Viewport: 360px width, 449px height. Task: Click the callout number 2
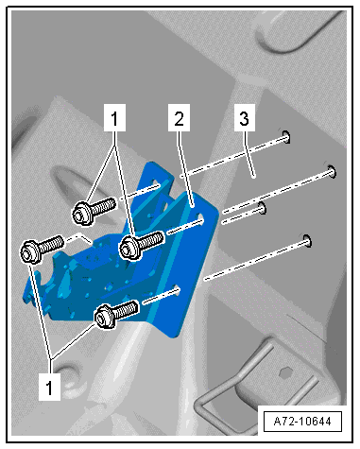point(179,117)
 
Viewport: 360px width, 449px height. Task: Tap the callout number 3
point(245,117)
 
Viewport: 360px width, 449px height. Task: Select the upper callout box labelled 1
point(114,117)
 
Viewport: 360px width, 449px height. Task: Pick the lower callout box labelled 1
point(49,387)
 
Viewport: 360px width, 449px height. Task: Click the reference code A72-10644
point(302,422)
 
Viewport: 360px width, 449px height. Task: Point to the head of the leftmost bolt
point(30,251)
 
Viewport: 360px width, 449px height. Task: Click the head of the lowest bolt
point(105,318)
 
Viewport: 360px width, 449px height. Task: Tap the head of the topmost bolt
point(82,214)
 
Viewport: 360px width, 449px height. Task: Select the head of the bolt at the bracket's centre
point(129,249)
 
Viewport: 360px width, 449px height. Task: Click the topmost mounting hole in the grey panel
point(286,136)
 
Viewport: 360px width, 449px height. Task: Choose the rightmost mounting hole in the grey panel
point(332,171)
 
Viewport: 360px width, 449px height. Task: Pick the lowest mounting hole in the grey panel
point(307,241)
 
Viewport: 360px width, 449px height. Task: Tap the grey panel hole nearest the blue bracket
point(262,207)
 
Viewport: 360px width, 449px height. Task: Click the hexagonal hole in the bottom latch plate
point(285,372)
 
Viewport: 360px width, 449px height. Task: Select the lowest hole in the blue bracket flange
point(178,289)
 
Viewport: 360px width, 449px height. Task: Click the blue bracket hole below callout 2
point(200,218)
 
